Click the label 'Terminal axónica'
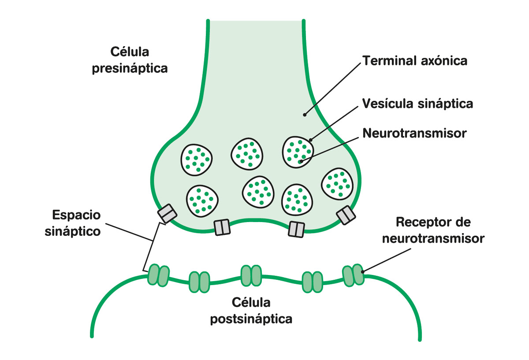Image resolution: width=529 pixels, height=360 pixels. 414,61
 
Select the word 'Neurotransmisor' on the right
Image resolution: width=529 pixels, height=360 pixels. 414,133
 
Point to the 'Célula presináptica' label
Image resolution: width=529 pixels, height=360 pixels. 130,60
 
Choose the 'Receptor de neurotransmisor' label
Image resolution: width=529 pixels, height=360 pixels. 433,230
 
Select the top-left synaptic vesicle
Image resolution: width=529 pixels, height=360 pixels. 197,159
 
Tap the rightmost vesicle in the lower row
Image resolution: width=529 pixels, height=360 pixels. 337,184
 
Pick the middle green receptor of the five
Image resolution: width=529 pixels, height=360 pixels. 251,276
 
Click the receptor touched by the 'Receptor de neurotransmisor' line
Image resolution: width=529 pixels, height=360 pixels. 352,275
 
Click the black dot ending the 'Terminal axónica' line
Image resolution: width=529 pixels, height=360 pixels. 304,115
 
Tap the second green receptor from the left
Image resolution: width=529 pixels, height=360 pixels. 199,282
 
